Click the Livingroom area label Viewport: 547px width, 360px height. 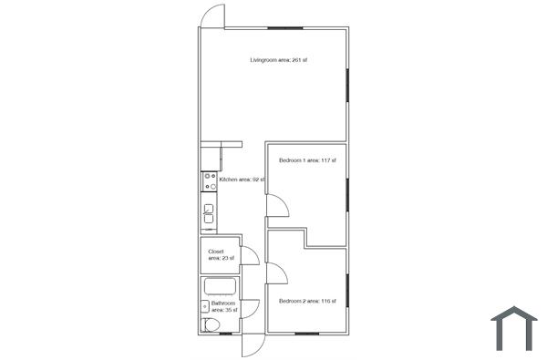[x=279, y=60]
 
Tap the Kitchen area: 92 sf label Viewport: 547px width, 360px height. [x=242, y=180]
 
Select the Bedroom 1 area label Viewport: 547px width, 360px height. [x=307, y=160]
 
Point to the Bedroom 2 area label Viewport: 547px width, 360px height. [x=307, y=301]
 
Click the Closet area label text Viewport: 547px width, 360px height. [x=220, y=254]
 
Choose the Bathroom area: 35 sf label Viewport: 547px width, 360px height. [x=224, y=306]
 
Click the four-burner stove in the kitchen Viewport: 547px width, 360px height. [x=209, y=180]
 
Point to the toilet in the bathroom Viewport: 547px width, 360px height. [x=212, y=325]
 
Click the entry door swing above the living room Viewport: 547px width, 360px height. [x=212, y=15]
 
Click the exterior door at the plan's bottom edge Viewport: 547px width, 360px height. [x=253, y=345]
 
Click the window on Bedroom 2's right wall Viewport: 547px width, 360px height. [x=347, y=289]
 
